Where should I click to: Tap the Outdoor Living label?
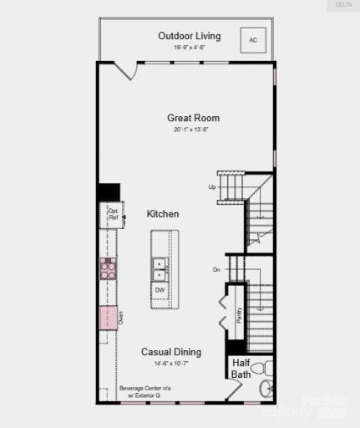click(x=189, y=35)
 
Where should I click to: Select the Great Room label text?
click(x=193, y=118)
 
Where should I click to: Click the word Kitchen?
click(x=163, y=214)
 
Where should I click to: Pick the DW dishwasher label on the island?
click(x=159, y=290)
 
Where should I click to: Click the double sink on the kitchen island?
click(x=159, y=268)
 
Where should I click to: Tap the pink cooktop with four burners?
click(x=109, y=267)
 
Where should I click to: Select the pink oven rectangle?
click(x=109, y=318)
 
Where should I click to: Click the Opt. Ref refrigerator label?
click(x=113, y=214)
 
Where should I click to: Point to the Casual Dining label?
click(x=170, y=352)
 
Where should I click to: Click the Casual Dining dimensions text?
click(x=170, y=364)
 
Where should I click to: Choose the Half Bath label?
click(x=241, y=368)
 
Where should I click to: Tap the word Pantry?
click(x=238, y=314)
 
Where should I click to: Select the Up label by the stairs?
click(x=211, y=186)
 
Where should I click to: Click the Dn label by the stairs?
click(x=215, y=269)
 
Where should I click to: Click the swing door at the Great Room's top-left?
click(x=126, y=69)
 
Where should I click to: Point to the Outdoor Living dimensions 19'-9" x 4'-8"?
click(x=189, y=48)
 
